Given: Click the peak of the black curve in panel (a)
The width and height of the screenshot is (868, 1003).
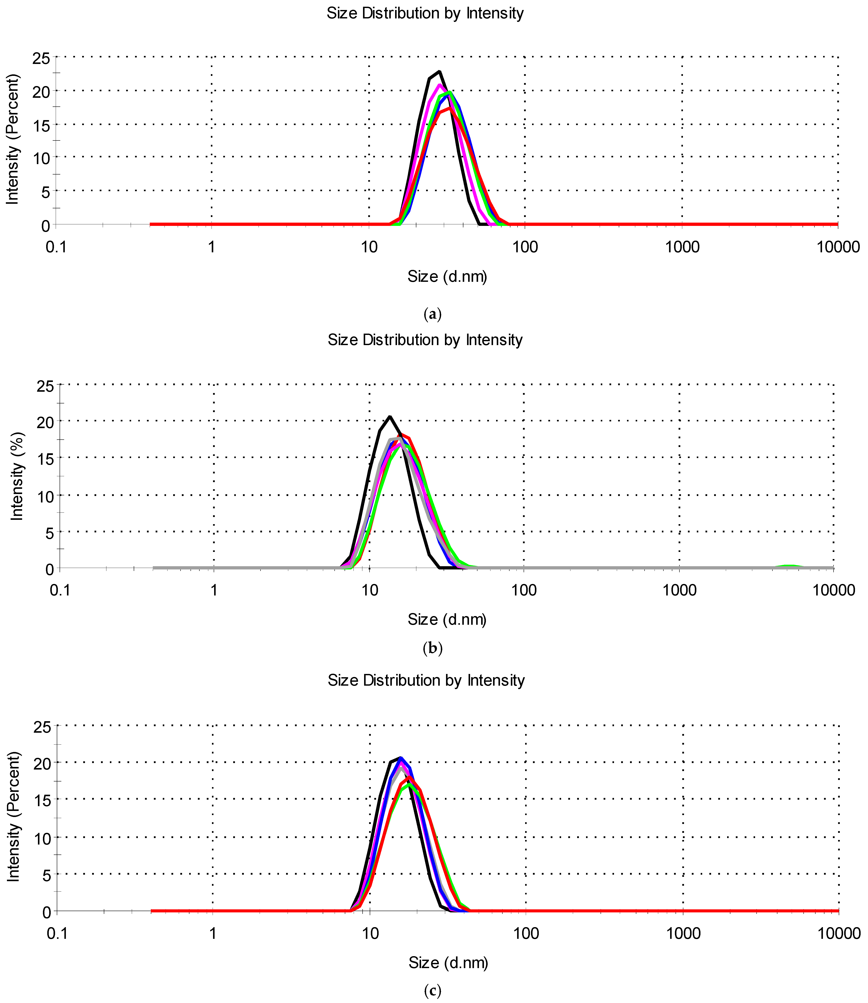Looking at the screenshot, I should [x=439, y=72].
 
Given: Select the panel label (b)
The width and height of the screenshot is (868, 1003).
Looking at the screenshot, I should [x=433, y=648].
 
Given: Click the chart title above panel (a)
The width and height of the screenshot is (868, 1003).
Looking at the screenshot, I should [x=425, y=13].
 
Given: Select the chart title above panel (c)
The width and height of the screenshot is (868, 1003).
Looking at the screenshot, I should [x=426, y=680].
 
